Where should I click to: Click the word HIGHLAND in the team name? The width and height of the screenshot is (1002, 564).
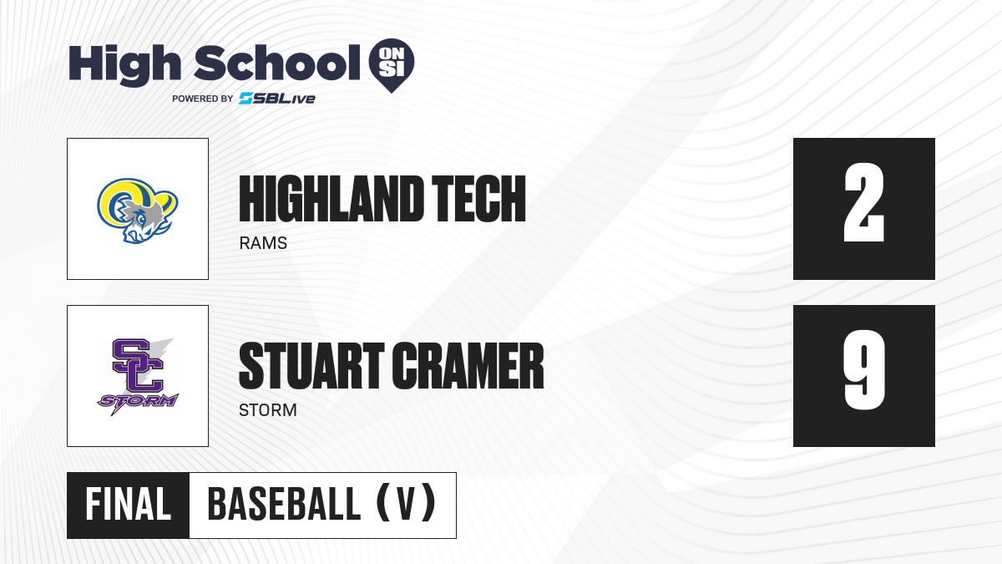(331, 199)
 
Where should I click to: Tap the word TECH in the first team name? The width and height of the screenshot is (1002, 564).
(478, 199)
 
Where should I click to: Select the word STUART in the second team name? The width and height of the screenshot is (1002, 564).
(311, 366)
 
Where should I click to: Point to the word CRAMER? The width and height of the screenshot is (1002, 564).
(468, 366)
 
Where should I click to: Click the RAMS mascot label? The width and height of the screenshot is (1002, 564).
(263, 243)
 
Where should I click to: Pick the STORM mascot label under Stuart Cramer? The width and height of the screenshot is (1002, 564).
(267, 410)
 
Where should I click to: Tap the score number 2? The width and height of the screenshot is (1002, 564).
(863, 202)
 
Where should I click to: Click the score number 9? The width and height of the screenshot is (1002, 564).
(863, 369)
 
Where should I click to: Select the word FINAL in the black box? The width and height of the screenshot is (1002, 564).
(129, 505)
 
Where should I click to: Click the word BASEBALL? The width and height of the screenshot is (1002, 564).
(284, 505)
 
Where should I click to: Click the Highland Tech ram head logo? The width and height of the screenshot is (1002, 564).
(138, 211)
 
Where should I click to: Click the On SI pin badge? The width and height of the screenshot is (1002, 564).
(392, 64)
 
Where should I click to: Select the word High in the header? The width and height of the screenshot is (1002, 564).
(124, 64)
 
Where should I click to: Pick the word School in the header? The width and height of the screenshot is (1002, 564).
(277, 62)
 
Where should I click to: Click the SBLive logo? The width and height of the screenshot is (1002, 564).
(277, 99)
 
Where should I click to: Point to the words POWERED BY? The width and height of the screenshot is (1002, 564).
(203, 99)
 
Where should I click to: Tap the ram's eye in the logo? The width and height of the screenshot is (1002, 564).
(142, 220)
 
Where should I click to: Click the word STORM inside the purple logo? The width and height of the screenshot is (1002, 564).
(138, 400)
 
